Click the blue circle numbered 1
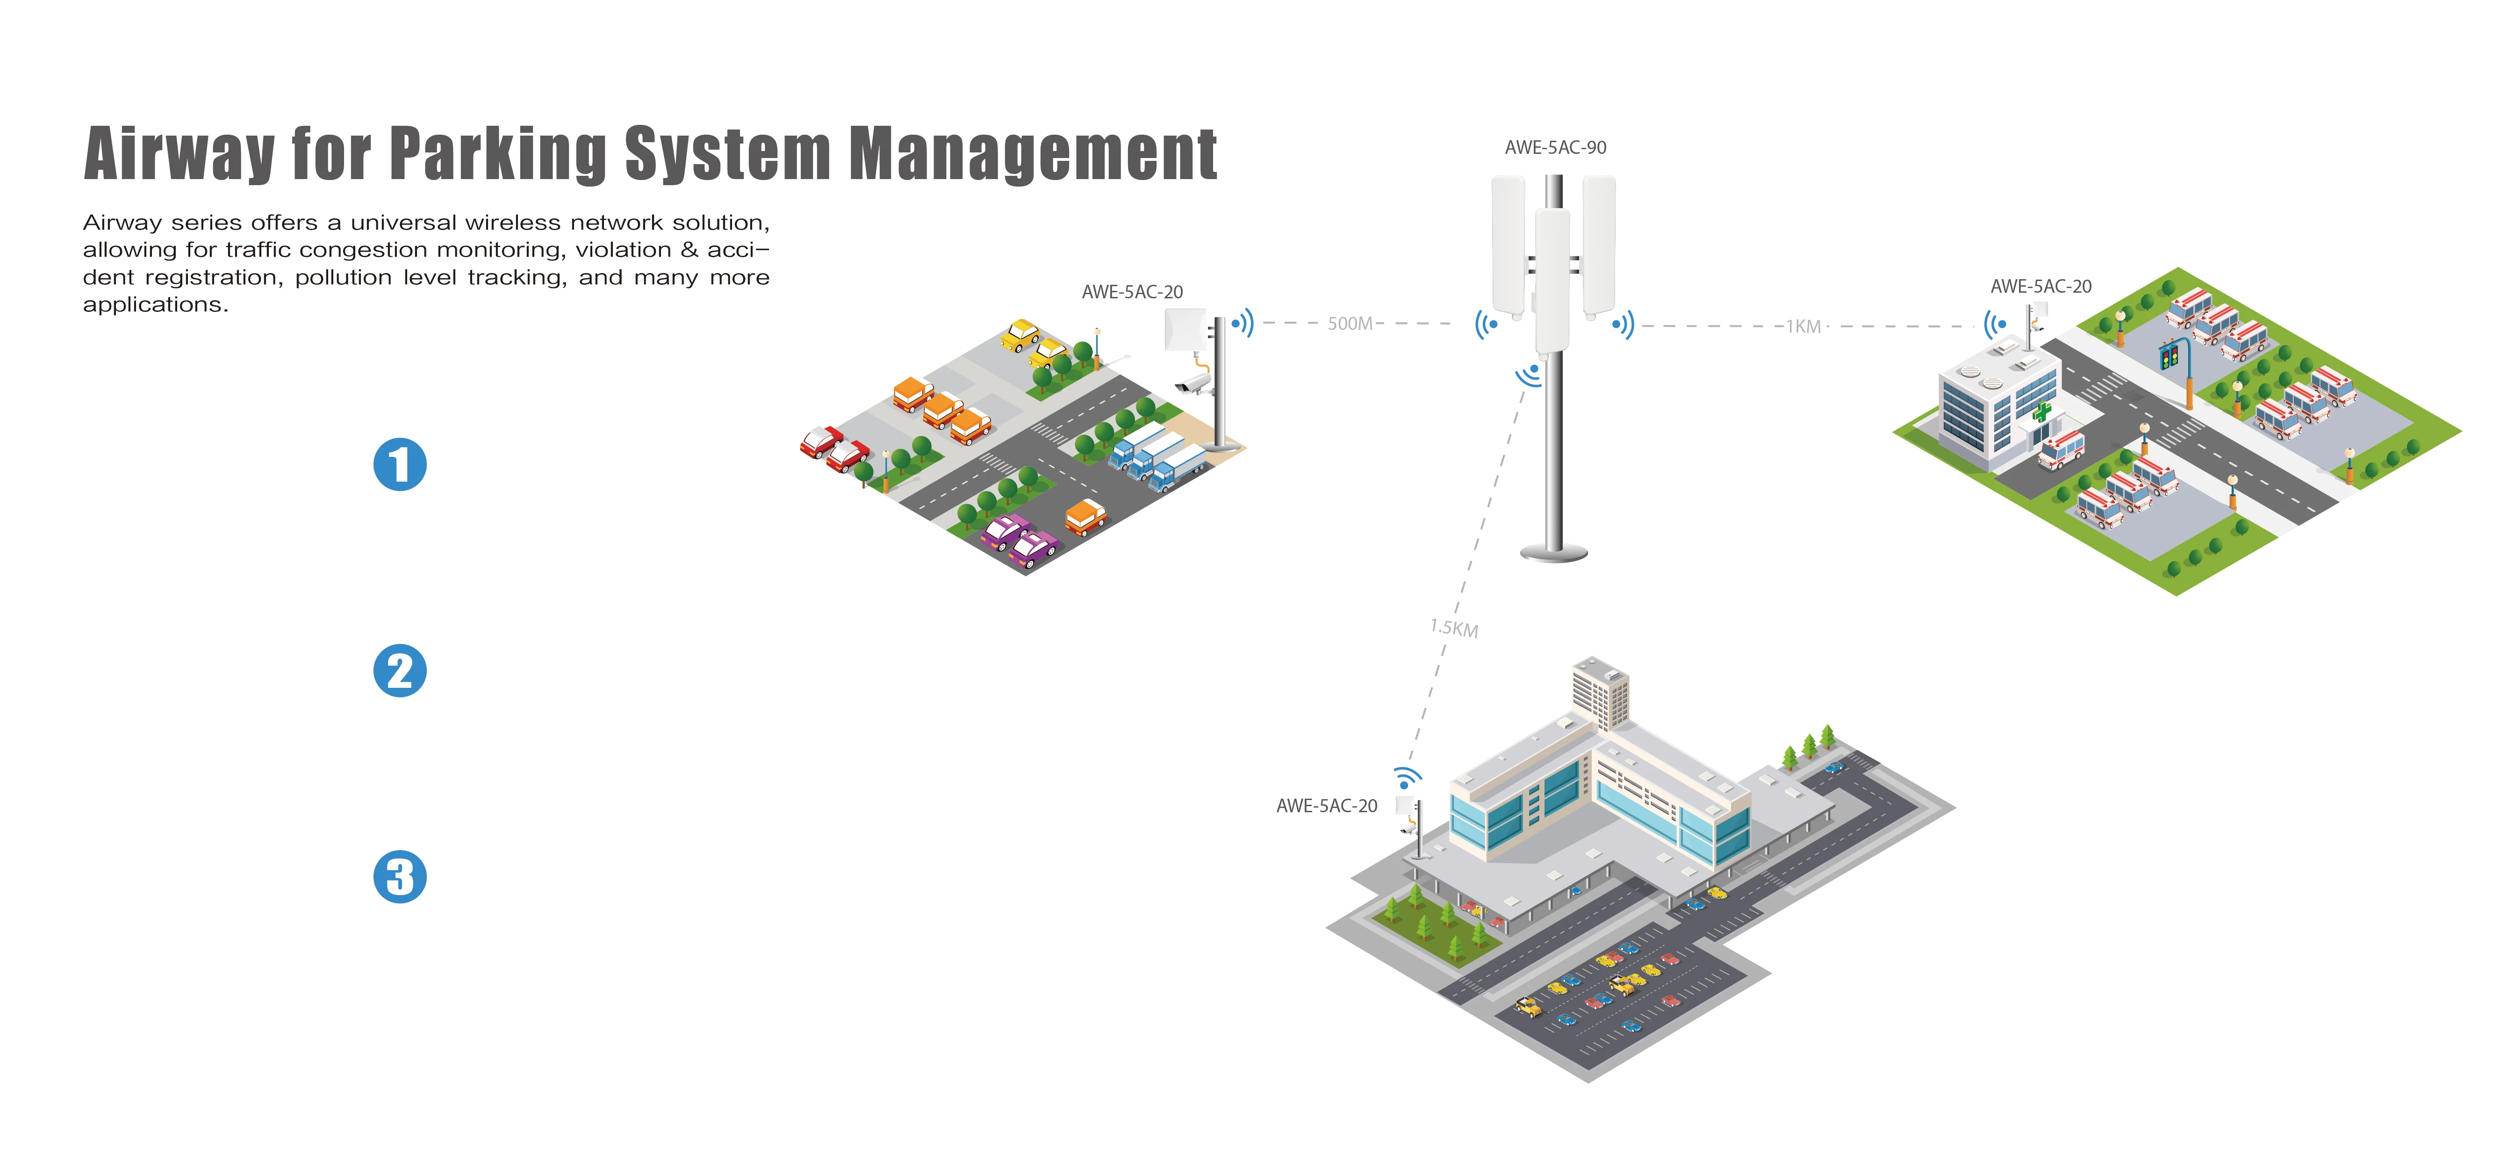(x=400, y=464)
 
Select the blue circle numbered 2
(x=400, y=671)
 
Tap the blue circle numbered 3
(x=400, y=877)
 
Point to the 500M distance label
(x=1350, y=323)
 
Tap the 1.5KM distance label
(x=1454, y=628)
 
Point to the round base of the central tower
(x=1554, y=553)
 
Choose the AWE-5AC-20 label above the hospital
(x=2040, y=287)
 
